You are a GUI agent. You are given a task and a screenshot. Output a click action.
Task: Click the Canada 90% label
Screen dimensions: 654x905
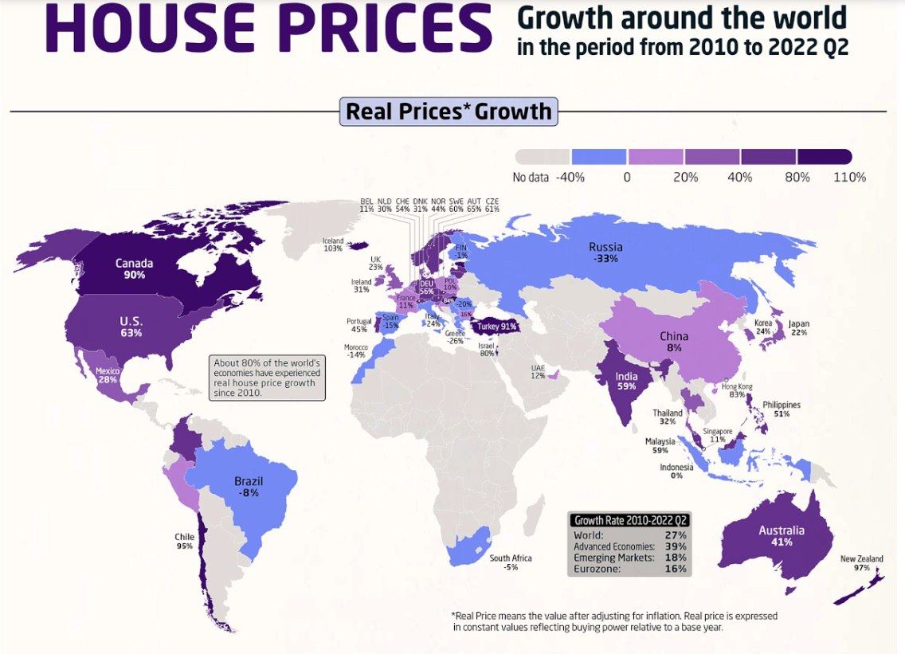pyautogui.click(x=134, y=269)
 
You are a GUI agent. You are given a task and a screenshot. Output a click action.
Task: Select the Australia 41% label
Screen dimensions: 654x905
pyautogui.click(x=781, y=536)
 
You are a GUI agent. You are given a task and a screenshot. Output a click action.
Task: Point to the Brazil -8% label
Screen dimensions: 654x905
pyautogui.click(x=249, y=487)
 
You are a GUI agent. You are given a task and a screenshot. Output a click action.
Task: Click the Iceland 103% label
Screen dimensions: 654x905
pyautogui.click(x=332, y=245)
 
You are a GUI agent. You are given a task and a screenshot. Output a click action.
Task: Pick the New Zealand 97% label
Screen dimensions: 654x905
pyautogui.click(x=861, y=564)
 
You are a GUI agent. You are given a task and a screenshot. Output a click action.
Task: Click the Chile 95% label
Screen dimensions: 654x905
pyautogui.click(x=184, y=542)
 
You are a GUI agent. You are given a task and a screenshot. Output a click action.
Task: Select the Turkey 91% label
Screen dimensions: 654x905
pyautogui.click(x=496, y=326)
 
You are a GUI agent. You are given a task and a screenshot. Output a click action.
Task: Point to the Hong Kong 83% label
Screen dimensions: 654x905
pyautogui.click(x=737, y=390)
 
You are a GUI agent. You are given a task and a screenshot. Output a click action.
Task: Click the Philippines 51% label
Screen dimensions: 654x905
pyautogui.click(x=781, y=409)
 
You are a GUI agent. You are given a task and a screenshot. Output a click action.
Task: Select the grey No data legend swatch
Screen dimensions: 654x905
pyautogui.click(x=542, y=156)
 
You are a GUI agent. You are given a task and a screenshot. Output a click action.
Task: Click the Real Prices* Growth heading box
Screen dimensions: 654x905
pyautogui.click(x=449, y=111)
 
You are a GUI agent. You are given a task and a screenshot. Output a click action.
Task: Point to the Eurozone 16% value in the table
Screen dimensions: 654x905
pyautogui.click(x=675, y=569)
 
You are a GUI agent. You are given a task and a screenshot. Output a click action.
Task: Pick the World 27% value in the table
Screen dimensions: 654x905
pyautogui.click(x=675, y=535)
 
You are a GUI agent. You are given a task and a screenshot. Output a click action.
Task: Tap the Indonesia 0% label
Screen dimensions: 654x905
pyautogui.click(x=676, y=471)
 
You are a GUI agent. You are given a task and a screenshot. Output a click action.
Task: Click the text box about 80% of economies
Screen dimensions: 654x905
pyautogui.click(x=267, y=378)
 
